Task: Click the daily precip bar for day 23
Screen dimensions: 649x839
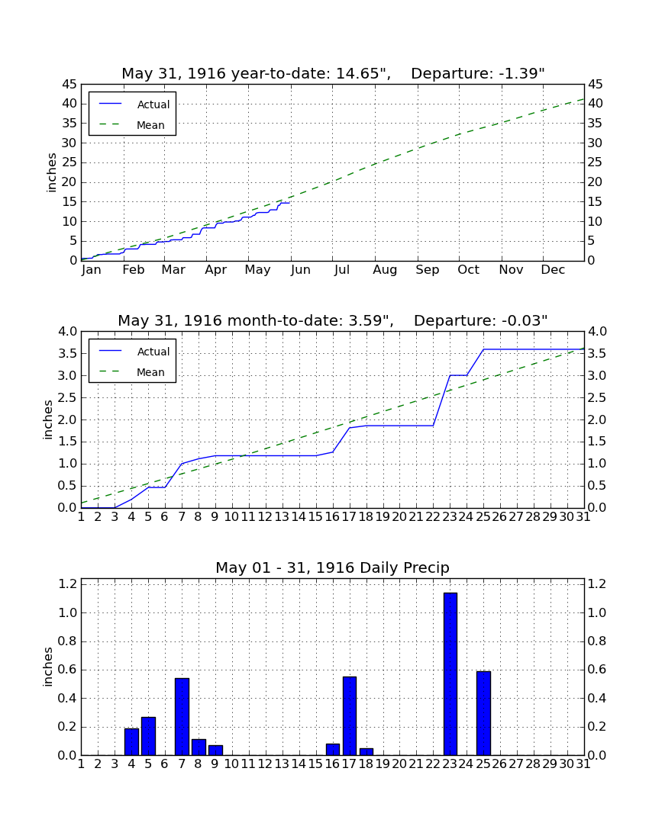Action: [x=450, y=674]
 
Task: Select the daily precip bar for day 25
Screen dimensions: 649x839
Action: [x=483, y=713]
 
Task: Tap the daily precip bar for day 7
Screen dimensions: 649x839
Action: [x=182, y=717]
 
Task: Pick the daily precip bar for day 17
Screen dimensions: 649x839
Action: [x=350, y=716]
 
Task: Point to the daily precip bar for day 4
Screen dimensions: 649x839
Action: [x=132, y=742]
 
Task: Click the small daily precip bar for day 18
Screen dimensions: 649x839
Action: [x=366, y=752]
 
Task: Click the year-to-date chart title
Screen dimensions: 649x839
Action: [x=333, y=73]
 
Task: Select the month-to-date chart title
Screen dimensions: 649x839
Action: [x=333, y=320]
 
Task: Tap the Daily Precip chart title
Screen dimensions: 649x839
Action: [x=333, y=567]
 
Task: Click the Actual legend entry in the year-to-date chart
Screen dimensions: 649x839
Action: [x=134, y=104]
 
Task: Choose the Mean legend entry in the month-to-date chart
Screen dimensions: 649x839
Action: [x=132, y=372]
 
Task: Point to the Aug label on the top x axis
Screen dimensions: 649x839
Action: [x=385, y=270]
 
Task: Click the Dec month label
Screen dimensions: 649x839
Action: [x=553, y=270]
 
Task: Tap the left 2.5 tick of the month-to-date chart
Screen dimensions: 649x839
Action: [x=67, y=397]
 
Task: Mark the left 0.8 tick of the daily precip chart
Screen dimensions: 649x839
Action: [x=67, y=641]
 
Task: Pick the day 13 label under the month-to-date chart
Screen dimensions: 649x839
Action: [x=283, y=517]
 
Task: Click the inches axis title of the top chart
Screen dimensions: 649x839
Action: [x=51, y=172]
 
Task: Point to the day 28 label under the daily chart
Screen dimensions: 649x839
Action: [x=534, y=764]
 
